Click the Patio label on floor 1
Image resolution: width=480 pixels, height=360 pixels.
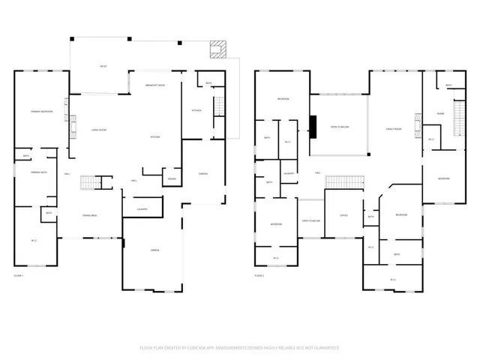(x=103, y=67)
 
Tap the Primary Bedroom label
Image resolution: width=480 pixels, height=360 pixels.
(x=30, y=110)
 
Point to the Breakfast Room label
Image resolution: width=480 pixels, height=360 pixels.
(x=155, y=85)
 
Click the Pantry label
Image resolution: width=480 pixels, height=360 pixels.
(x=171, y=178)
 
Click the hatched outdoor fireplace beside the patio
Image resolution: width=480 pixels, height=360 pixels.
(x=218, y=49)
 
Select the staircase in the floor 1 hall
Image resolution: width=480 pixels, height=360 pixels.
(x=91, y=182)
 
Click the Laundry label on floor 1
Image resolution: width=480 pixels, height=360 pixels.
(x=142, y=208)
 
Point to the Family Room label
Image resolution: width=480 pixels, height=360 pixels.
(x=395, y=129)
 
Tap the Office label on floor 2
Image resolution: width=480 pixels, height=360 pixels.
(x=344, y=215)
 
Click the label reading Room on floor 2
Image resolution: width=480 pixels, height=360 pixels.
(x=442, y=113)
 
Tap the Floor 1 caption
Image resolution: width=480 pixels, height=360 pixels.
(x=19, y=276)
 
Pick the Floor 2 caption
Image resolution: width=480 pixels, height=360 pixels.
(x=259, y=276)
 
